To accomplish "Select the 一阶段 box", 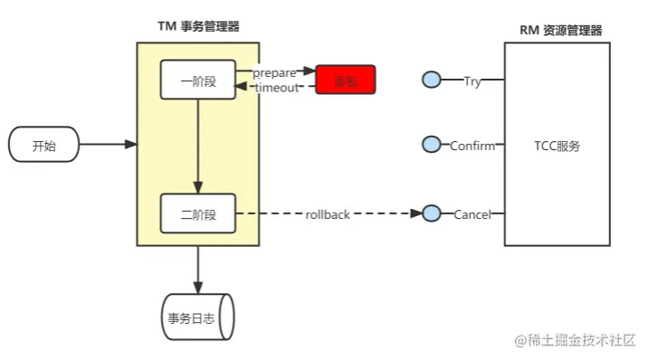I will (197, 80).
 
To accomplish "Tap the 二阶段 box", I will (197, 214).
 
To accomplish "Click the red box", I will (345, 81).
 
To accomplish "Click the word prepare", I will (274, 71).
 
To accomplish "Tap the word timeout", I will (276, 88).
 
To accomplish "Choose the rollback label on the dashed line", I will (327, 214).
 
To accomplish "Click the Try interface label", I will (472, 81).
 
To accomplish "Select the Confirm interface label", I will (472, 146).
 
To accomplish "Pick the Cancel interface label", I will (472, 214).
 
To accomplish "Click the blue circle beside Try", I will (432, 81).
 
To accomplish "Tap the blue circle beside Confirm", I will (432, 145).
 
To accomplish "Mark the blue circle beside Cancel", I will (432, 213).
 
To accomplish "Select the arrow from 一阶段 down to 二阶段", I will (197, 145).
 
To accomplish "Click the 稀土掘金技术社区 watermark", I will (576, 340).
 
